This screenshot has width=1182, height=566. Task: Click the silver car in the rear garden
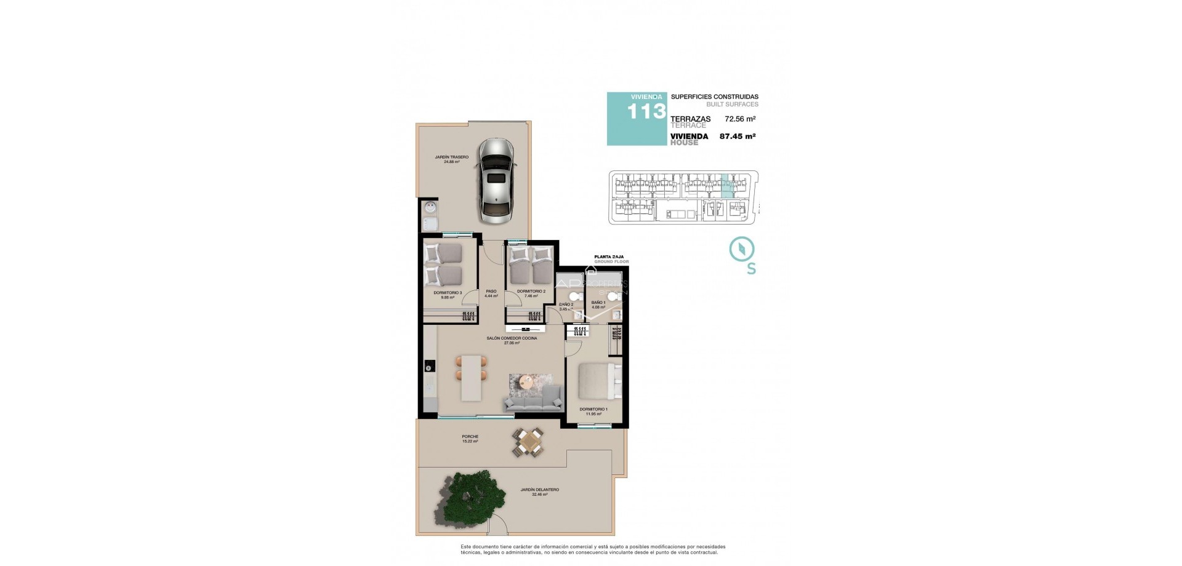pyautogui.click(x=496, y=180)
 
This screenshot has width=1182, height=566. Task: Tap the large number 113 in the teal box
pyautogui.click(x=646, y=111)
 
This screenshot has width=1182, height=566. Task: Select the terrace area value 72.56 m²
pyautogui.click(x=740, y=119)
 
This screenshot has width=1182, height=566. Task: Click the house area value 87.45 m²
pyautogui.click(x=738, y=137)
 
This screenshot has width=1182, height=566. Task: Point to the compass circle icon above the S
pyautogui.click(x=742, y=249)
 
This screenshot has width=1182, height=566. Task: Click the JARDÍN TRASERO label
pyautogui.click(x=451, y=157)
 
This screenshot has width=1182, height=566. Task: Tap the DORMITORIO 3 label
pyautogui.click(x=448, y=293)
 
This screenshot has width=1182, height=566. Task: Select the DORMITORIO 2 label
pyautogui.click(x=531, y=292)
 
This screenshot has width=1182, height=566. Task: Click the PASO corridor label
pyautogui.click(x=491, y=292)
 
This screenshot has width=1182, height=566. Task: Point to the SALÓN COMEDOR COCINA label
pyautogui.click(x=512, y=338)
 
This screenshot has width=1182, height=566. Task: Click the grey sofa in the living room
pyautogui.click(x=533, y=401)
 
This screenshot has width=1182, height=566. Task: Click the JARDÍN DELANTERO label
pyautogui.click(x=539, y=490)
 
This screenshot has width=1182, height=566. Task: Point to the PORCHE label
pyautogui.click(x=470, y=437)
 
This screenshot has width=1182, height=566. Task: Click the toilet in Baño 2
pyautogui.click(x=574, y=297)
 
